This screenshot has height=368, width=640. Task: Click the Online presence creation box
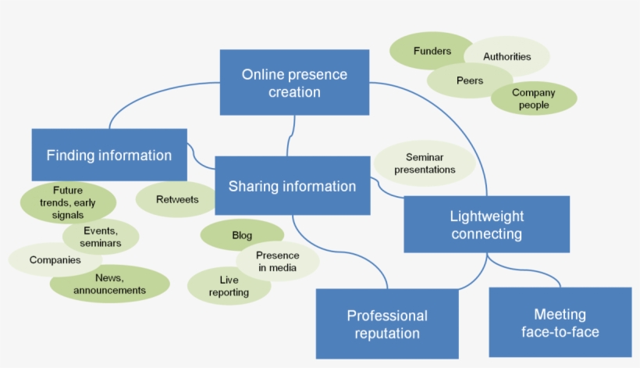coord(294,83)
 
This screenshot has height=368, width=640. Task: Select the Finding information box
coord(109,155)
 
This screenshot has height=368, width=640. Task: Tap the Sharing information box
coord(292,186)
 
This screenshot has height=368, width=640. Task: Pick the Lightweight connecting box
coord(486,224)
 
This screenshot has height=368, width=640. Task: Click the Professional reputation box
coord(387,323)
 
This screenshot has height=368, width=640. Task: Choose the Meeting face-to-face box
coord(560,323)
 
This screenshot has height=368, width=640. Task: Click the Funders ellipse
coord(432,52)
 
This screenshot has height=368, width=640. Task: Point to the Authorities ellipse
coord(507,56)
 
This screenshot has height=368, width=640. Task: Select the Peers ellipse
coord(470,80)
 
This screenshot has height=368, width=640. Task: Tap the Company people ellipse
coord(534,98)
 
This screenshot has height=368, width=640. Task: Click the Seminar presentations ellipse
coord(425,163)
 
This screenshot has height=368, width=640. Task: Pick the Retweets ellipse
coord(177,199)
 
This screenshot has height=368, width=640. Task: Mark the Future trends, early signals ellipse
coord(68,202)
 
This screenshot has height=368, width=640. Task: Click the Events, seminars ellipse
coord(101,237)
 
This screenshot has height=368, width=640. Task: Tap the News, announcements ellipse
coord(109,284)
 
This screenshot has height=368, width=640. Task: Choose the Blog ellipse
coord(242,235)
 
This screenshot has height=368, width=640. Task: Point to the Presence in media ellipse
coord(278,261)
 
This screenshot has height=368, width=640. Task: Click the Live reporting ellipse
coord(229,286)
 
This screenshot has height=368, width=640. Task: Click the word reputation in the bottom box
coord(387,334)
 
